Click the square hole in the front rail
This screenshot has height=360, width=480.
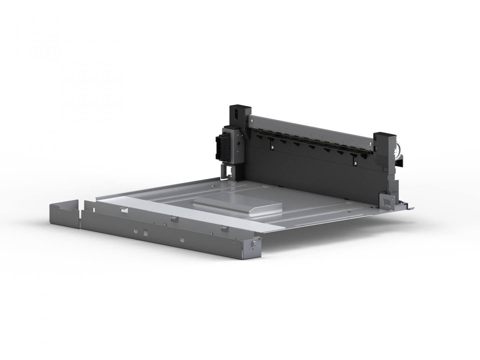pyautogui.click(x=145, y=231)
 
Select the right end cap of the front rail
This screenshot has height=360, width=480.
pyautogui.click(x=253, y=247)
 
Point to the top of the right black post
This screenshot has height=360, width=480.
pyautogui.click(x=384, y=135)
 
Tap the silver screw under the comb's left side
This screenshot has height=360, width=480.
pyautogui.click(x=273, y=145)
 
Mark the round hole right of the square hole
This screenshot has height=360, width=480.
pyautogui.click(x=181, y=239)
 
